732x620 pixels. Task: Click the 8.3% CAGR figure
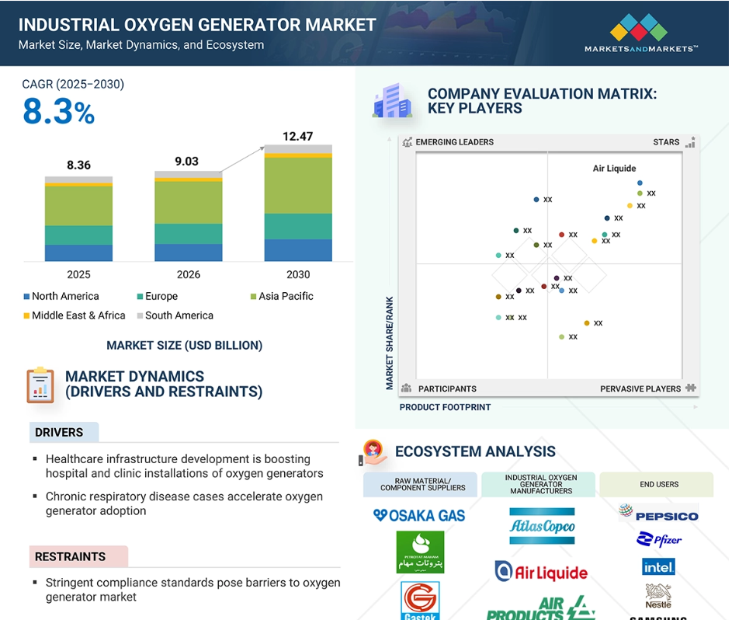point(58,113)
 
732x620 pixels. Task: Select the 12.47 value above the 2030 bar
point(297,137)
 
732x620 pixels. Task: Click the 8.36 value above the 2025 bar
point(78,165)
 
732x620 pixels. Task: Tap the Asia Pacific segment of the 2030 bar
point(298,186)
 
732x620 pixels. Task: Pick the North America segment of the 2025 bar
point(78,253)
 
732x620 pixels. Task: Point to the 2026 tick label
point(188,274)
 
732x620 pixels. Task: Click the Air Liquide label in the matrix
point(614,169)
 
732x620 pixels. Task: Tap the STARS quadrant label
point(666,142)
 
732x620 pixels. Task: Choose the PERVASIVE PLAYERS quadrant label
point(640,388)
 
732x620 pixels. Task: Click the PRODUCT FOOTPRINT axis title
point(445,407)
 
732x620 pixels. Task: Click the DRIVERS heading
point(59,432)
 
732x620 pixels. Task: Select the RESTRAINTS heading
point(70,556)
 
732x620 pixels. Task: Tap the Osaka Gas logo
point(419,515)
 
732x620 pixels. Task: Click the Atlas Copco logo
point(542,526)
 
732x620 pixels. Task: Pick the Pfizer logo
point(658,540)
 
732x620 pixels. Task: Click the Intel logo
point(658,567)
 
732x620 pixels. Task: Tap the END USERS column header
point(659,484)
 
